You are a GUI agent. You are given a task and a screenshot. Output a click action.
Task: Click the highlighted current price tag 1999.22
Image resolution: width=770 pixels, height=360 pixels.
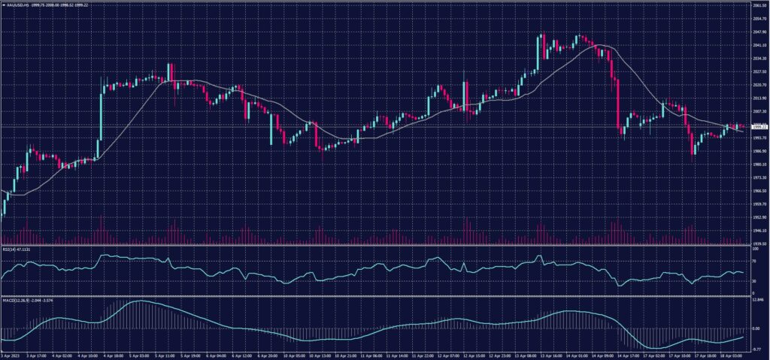tap(759, 127)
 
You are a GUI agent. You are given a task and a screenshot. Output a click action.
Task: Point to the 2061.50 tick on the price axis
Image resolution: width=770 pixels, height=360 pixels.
tap(759, 5)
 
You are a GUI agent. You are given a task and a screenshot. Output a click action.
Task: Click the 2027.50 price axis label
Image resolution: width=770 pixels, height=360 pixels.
tap(759, 72)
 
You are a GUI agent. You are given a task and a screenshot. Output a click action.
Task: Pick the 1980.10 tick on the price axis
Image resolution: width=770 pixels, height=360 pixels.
tap(759, 165)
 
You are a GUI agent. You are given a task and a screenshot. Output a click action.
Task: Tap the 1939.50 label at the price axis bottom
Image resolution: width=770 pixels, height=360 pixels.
tap(759, 244)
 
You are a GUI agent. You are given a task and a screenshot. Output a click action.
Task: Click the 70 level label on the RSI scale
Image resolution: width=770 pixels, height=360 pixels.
tap(754, 261)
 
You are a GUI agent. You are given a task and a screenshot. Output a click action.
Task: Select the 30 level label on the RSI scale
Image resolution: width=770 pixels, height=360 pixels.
tap(754, 280)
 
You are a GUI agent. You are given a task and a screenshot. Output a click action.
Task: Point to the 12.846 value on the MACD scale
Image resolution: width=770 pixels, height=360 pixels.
tap(757, 299)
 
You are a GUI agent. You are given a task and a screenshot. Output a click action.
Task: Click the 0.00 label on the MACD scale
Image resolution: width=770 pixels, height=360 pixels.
tap(756, 328)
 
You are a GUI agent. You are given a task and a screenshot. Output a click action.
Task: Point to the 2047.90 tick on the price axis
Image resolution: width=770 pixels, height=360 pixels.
tap(759, 32)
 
